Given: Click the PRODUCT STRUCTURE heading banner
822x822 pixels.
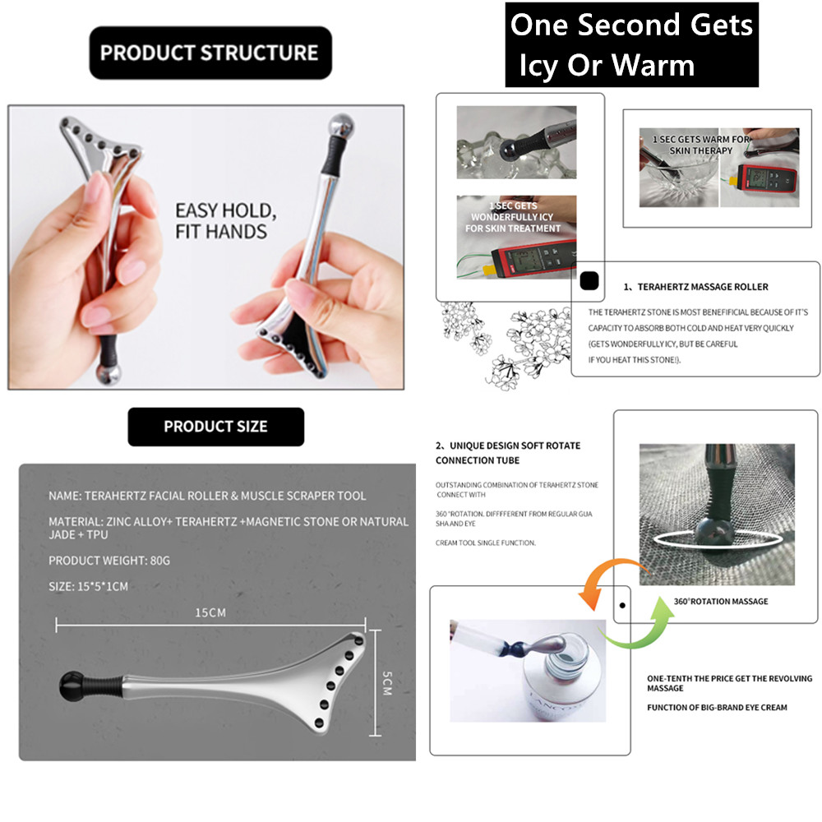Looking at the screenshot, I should click(x=210, y=53).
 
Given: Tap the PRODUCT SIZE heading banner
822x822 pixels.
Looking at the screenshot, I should click(x=215, y=427).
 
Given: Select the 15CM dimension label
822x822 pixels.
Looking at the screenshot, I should click(x=210, y=612).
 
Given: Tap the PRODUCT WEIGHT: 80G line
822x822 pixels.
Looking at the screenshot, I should click(x=109, y=561).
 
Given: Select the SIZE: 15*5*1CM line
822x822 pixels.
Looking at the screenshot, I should click(x=88, y=586).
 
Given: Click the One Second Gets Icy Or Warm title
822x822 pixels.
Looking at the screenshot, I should click(x=630, y=44).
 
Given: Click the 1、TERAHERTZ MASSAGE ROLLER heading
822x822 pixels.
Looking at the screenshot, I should click(x=695, y=287).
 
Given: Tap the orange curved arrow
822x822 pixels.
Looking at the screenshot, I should click(x=603, y=580).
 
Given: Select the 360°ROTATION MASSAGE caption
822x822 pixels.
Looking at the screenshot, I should click(x=720, y=601).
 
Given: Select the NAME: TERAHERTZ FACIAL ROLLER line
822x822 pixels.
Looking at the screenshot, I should click(x=207, y=496).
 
